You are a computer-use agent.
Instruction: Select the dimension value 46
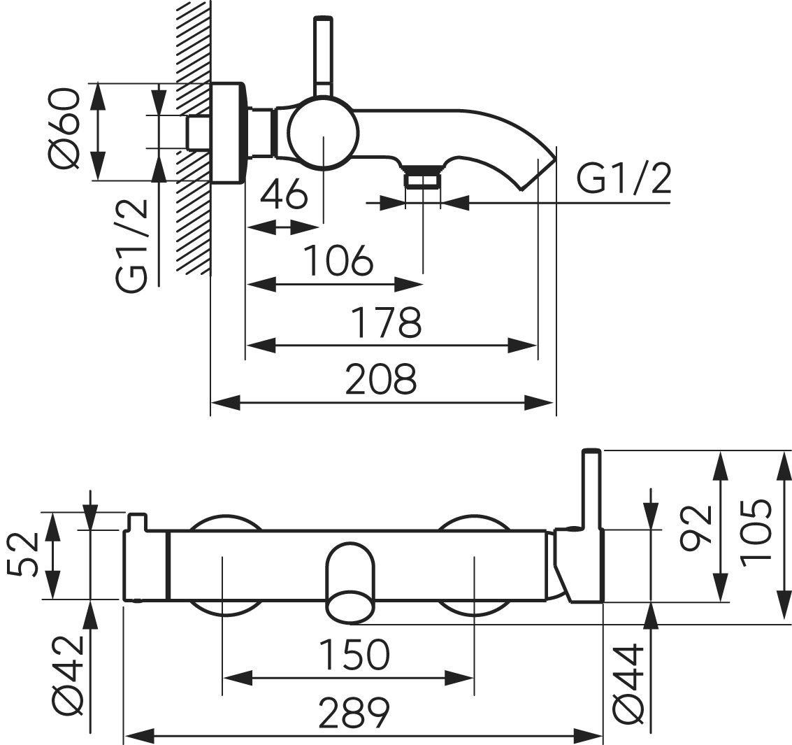point(283,194)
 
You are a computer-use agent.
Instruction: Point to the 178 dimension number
point(387,322)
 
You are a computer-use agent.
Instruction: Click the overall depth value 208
point(382,380)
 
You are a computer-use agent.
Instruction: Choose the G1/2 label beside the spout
point(624,180)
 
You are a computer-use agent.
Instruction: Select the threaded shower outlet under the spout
point(423,178)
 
